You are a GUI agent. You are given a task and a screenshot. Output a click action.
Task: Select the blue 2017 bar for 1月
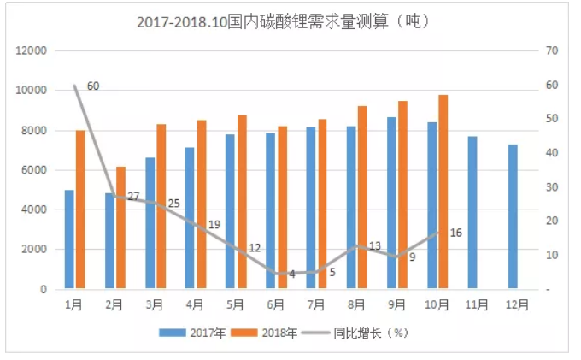pyautogui.click(x=69, y=239)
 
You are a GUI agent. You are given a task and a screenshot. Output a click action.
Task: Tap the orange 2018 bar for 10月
pyautogui.click(x=443, y=192)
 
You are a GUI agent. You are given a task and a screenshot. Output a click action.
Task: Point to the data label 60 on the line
pyautogui.click(x=93, y=86)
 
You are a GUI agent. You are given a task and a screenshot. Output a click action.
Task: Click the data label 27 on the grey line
pyautogui.click(x=133, y=197)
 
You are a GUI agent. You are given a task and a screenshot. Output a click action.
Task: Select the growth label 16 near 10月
pyautogui.click(x=455, y=233)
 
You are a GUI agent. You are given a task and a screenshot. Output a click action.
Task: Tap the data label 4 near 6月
pyautogui.click(x=291, y=274)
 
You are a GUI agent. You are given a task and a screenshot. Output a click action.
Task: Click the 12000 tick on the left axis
pyautogui.click(x=32, y=50)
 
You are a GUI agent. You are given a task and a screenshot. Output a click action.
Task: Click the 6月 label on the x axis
pyautogui.click(x=276, y=304)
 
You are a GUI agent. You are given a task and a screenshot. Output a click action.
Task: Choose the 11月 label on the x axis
pyautogui.click(x=478, y=304)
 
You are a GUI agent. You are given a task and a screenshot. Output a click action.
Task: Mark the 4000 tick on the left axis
pyautogui.click(x=34, y=210)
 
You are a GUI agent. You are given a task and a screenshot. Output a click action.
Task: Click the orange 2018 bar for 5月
pyautogui.click(x=242, y=203)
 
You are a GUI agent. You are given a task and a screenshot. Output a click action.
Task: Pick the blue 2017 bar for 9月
pyautogui.click(x=391, y=204)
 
